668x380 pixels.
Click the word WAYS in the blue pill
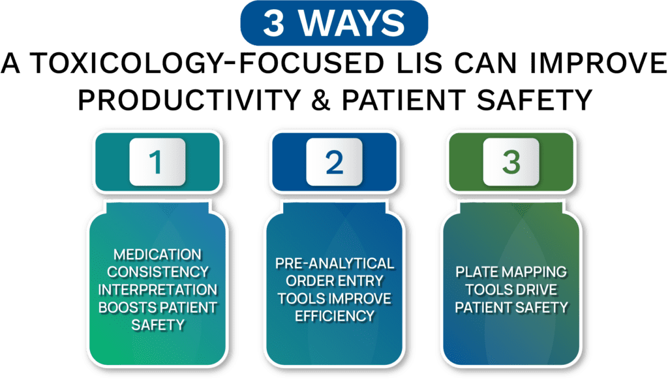pos(352,23)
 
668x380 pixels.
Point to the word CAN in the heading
pos(486,63)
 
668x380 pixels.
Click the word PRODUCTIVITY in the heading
pos(189,100)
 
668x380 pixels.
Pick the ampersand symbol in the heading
pos(321,100)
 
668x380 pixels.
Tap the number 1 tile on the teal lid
pos(157,162)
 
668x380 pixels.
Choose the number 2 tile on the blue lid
pos(334,162)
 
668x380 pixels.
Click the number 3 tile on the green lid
pos(511,162)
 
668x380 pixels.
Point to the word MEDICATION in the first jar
pos(157,255)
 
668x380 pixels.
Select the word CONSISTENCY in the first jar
pos(158,272)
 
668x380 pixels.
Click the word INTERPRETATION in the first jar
pos(158,290)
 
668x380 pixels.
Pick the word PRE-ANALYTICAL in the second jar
pos(335,264)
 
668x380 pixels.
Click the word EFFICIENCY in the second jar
pos(335,316)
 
